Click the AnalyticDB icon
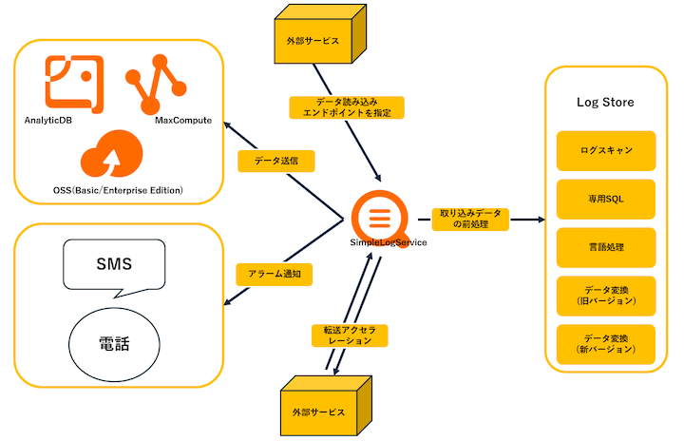75,83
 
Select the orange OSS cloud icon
112,155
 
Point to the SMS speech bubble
114,265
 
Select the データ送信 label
275,161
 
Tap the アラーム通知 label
275,274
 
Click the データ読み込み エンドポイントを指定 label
346,106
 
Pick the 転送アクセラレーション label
351,335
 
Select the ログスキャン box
606,150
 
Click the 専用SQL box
606,199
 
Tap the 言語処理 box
606,247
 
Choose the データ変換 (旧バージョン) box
606,296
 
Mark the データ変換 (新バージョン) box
606,344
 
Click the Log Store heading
605,102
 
